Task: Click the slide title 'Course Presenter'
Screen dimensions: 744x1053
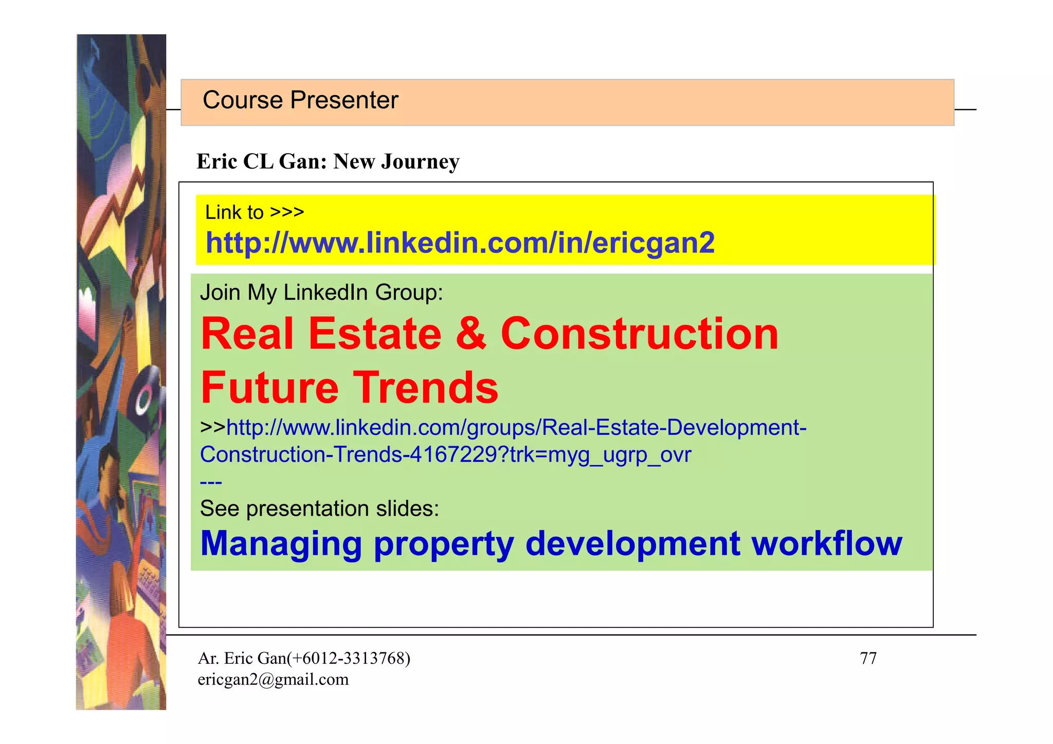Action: point(300,100)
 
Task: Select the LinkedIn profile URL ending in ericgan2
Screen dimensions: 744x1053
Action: point(460,243)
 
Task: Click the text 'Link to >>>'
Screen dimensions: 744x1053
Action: point(255,212)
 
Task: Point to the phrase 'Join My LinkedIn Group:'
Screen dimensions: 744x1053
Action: point(321,293)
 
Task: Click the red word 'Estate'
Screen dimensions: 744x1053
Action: point(375,334)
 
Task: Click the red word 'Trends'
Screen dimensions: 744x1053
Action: point(426,388)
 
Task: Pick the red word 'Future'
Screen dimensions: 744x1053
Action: point(269,388)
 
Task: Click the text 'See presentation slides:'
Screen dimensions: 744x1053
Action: point(319,509)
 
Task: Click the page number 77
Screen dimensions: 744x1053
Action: point(868,658)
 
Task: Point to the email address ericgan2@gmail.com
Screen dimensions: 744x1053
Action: point(273,680)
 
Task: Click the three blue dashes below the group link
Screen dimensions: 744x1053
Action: point(211,482)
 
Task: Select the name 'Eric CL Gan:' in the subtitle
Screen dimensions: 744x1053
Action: point(262,162)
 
